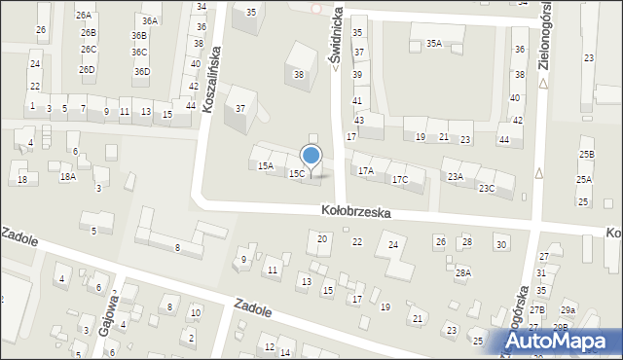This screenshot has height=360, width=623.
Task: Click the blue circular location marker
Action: pos(311,155)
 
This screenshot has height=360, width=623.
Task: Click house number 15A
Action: pos(265,166)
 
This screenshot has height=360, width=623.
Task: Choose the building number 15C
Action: pos(296,173)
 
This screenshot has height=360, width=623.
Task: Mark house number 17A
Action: pos(365,171)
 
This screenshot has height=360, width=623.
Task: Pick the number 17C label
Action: pos(399,180)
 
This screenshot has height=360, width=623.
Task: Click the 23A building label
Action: pos(455,176)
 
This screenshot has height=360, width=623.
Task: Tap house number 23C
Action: pos(486,188)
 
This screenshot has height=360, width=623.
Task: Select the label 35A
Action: pos(433,43)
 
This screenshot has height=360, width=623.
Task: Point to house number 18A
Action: pos(67,176)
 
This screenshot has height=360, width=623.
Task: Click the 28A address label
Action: pos(462,273)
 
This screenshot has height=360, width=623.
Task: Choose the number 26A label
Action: pos(84,16)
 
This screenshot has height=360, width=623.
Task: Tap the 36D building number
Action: pos(142,71)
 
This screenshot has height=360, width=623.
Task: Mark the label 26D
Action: pos(87,70)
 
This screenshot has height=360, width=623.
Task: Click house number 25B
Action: pos(585,155)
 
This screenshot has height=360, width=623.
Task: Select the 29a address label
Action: pos(568,309)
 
